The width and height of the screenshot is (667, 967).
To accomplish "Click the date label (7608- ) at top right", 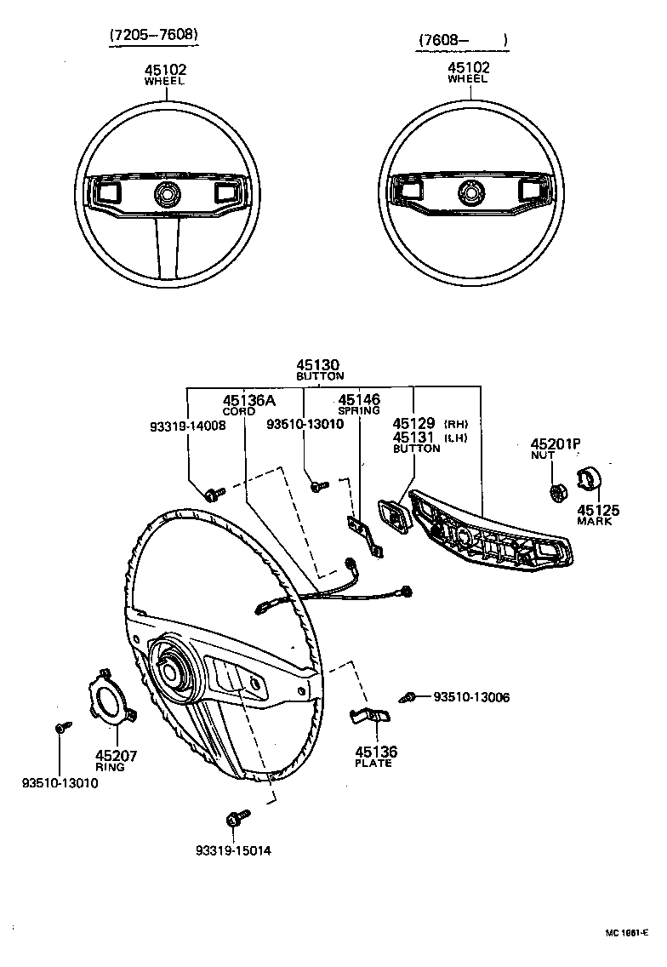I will [463, 40].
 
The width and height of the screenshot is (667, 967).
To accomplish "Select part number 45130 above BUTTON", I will [319, 364].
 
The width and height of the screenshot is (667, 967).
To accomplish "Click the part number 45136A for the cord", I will [248, 400].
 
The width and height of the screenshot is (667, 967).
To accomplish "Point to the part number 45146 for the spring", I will [359, 399].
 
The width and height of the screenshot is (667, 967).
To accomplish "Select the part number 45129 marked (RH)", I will [414, 423].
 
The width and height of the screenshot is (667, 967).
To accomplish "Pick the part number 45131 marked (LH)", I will [414, 437].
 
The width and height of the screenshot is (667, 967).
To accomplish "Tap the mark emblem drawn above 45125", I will [589, 481].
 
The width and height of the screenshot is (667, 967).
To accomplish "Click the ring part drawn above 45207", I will [111, 702].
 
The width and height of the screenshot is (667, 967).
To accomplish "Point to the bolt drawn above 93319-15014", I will [234, 820].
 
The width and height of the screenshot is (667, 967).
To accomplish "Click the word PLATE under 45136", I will [374, 764].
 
